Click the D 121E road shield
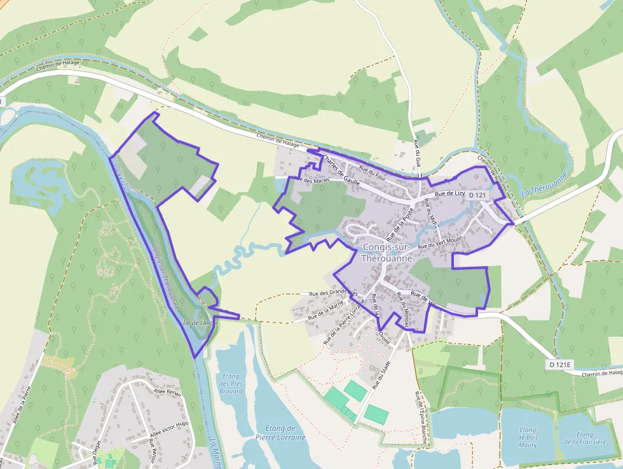click(559, 365)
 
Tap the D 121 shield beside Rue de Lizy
click(477, 195)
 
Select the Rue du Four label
click(373, 172)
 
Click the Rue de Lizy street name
click(450, 194)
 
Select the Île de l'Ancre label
click(200, 323)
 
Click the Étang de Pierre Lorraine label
click(280, 433)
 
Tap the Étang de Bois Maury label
click(528, 437)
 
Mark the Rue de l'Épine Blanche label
click(420, 413)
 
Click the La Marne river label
click(214, 452)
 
